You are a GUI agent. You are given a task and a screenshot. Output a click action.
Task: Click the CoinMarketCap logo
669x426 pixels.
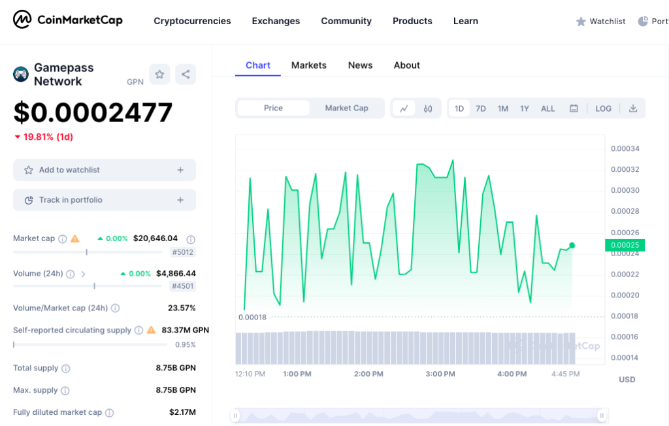coord(68,20)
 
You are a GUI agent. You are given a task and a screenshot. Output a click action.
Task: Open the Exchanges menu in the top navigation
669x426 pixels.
coord(276,21)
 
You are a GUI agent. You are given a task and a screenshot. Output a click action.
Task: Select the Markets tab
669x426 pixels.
coord(309,65)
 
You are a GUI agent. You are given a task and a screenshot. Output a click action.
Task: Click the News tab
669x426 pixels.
coord(360,65)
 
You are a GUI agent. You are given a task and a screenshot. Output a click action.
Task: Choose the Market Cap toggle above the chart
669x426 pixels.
coord(346,108)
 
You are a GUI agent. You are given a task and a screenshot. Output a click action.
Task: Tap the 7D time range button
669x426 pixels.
coord(481,108)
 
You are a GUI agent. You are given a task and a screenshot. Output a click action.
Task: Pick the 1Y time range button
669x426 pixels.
coord(525,108)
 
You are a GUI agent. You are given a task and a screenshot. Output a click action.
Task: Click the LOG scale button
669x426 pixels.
coord(603,108)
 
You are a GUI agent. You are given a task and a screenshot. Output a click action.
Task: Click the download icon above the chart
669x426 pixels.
coord(633,108)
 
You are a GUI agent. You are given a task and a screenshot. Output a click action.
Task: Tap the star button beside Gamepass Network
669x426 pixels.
coord(159,74)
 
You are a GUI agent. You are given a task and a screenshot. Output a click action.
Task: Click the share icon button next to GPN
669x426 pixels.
coord(186,74)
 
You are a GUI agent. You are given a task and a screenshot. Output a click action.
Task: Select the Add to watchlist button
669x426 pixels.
coord(105,170)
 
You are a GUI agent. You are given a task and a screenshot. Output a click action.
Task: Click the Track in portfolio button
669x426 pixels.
coord(105,200)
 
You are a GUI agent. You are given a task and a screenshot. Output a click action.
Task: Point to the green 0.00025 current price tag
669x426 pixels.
coord(625,245)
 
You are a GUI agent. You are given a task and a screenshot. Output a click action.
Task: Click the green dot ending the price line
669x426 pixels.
coord(572,245)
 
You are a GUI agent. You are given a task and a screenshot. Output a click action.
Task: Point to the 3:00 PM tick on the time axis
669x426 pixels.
coord(440,374)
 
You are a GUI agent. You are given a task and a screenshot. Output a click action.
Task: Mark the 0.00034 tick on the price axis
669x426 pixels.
coord(625,149)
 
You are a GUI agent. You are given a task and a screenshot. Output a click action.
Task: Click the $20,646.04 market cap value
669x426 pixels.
coord(155,238)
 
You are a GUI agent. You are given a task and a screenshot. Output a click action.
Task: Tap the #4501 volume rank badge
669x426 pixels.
coord(182,286)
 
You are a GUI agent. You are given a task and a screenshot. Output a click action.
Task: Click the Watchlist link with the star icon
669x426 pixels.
coord(600,22)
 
